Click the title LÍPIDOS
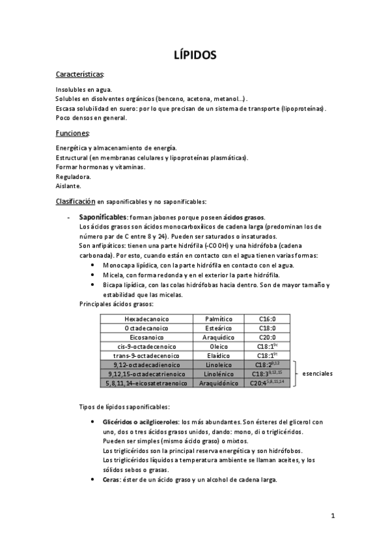tap(195, 55)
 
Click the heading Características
tap(79, 75)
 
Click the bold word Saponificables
tap(103, 217)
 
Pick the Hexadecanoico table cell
tap(146, 319)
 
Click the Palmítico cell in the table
tap(219, 319)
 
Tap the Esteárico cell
tap(219, 328)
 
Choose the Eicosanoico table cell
tap(146, 337)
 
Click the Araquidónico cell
tap(219, 383)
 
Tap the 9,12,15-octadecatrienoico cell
tap(146, 374)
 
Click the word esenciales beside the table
tap(318, 374)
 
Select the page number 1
tap(332, 517)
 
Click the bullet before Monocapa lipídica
tap(96, 266)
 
